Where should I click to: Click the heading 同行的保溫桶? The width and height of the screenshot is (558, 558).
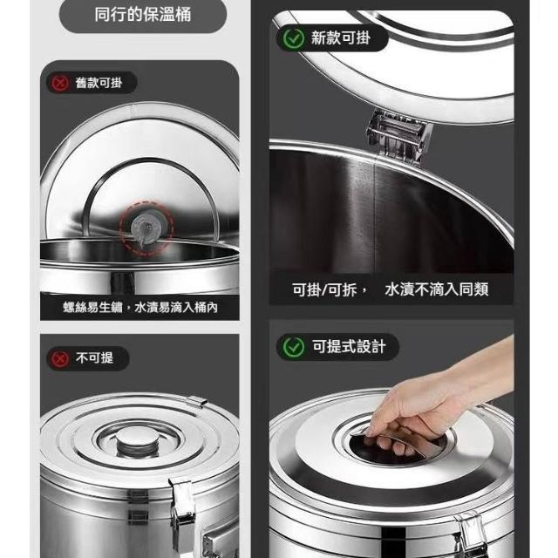pos(143,15)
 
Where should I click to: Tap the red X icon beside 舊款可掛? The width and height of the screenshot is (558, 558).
pos(60,83)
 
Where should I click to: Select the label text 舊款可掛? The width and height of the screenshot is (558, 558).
pos(99,83)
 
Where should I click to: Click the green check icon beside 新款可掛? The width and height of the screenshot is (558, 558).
pos(294,38)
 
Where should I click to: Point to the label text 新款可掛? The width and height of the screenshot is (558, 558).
pos(341,37)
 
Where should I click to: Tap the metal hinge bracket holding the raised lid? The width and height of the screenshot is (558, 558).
pos(399,137)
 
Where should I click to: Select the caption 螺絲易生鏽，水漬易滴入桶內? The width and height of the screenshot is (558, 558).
pos(140,308)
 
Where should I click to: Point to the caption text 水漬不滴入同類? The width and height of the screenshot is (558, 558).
pos(436,289)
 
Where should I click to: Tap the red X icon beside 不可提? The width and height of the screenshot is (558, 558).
pos(60,358)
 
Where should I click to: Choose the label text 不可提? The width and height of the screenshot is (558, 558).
pos(94,358)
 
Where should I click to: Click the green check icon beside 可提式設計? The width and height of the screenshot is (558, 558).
pos(294,347)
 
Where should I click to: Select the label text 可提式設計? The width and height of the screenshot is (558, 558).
pos(349,347)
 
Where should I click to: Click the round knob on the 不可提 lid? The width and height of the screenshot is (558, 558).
pos(139,440)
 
